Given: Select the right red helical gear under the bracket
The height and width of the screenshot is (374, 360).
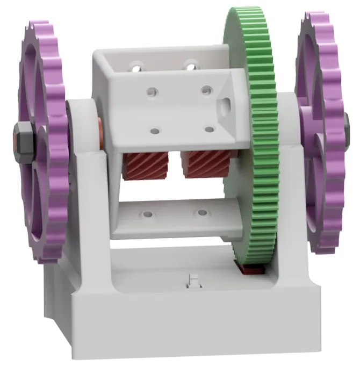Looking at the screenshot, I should (201, 165).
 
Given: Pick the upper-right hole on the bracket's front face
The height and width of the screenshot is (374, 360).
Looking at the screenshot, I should (206, 89).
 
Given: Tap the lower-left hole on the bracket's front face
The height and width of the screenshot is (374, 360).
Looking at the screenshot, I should (155, 131).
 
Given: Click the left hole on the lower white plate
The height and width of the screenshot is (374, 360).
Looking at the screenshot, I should (147, 215).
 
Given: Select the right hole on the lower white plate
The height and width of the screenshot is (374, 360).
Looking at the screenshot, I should (201, 213).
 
